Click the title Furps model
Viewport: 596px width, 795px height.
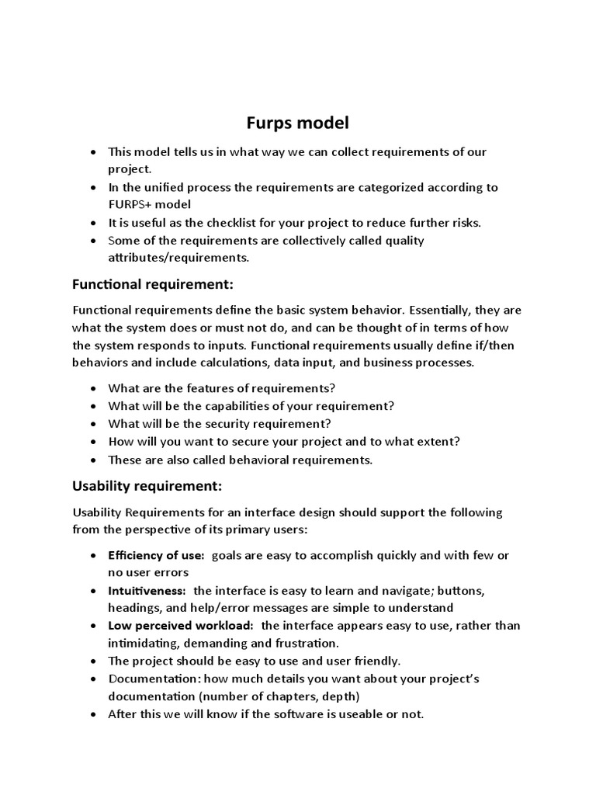tap(298, 123)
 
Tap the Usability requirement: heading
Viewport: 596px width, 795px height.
tap(147, 486)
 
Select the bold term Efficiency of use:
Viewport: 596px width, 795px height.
tap(156, 555)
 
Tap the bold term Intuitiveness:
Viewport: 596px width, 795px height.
tap(147, 591)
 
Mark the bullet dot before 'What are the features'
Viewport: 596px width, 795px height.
tap(94, 388)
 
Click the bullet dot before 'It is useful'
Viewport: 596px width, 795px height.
tap(94, 223)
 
